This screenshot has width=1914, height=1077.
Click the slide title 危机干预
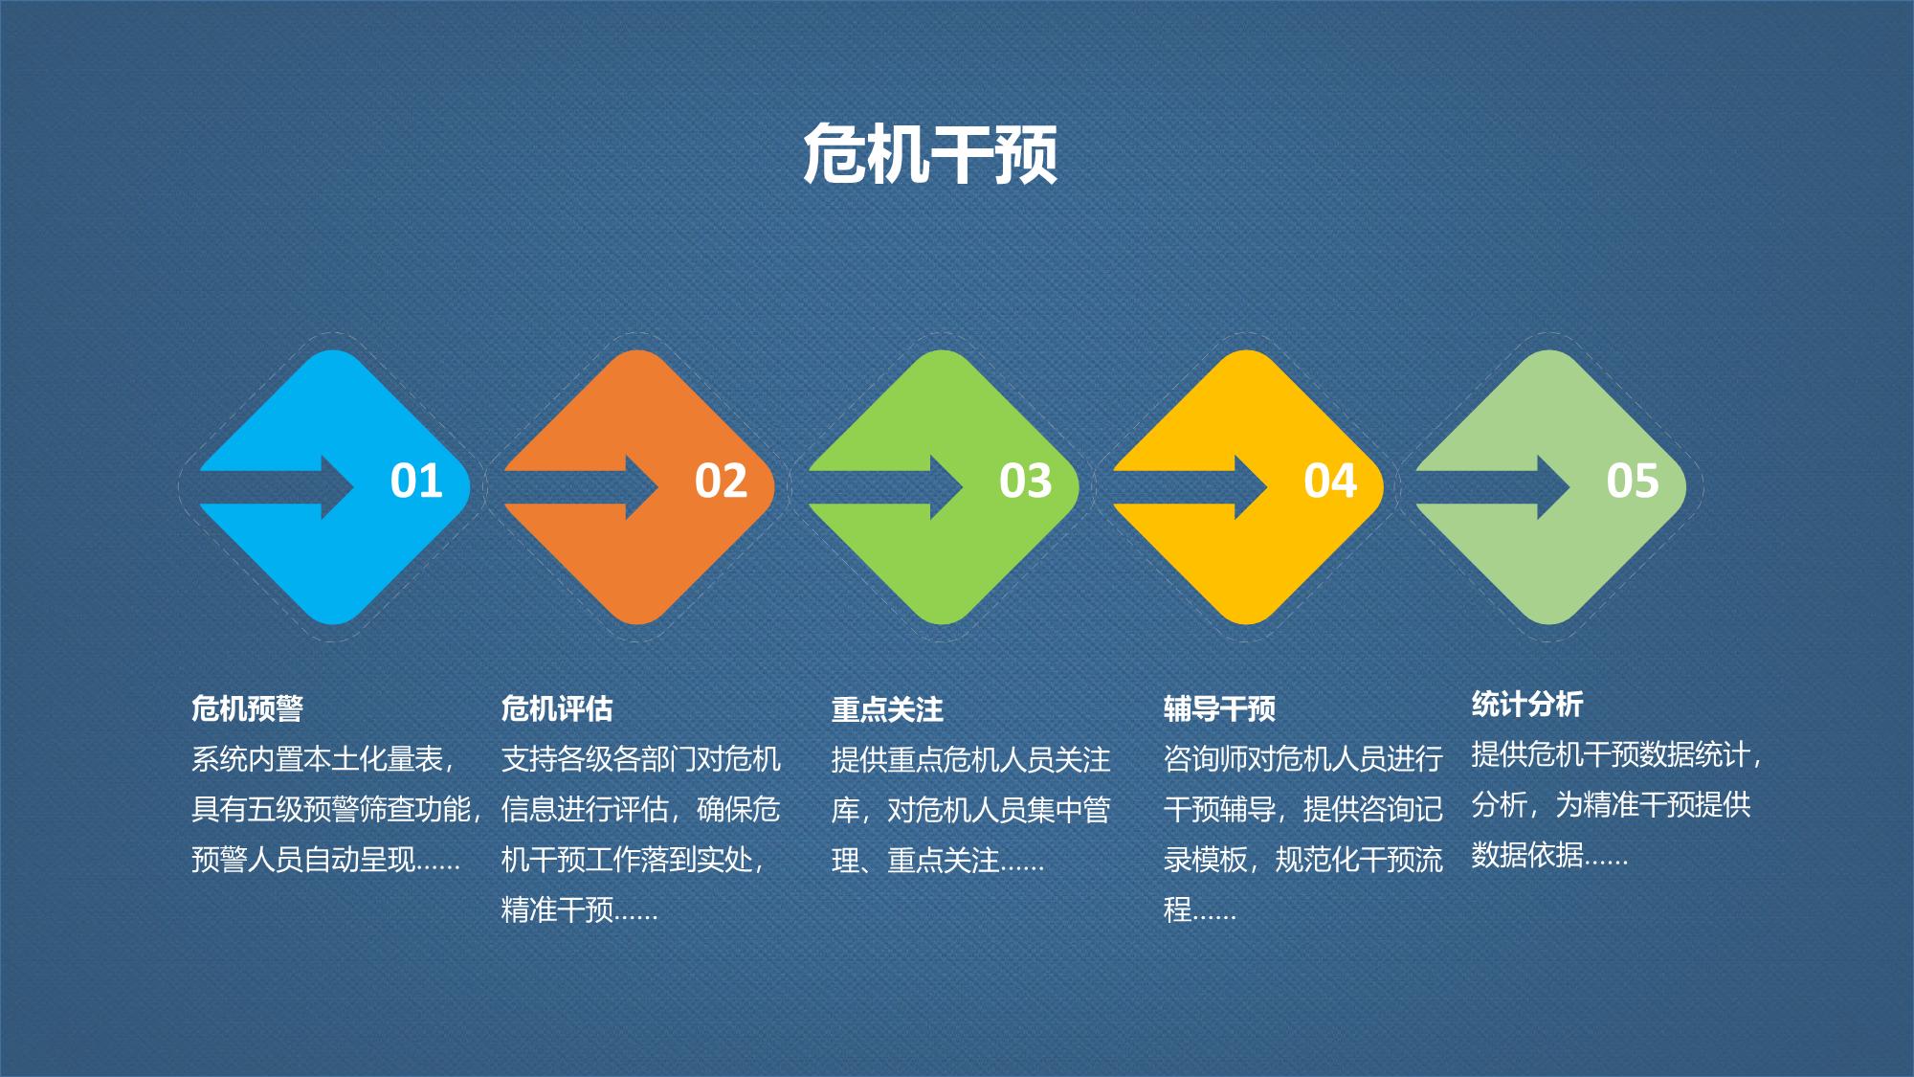930,153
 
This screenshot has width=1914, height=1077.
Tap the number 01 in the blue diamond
416,481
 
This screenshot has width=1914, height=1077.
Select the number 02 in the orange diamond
721,481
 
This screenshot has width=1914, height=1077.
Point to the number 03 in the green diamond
1025,481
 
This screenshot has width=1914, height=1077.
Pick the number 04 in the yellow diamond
1330,481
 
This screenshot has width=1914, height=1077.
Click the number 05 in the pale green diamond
1633,481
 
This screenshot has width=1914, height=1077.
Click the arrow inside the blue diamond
278,487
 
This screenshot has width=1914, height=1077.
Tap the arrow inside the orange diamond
582,487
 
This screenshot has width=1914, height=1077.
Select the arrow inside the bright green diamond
886,487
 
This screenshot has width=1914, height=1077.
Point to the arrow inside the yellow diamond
1191,487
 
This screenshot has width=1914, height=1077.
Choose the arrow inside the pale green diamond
1493,487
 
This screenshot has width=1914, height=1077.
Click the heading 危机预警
247,708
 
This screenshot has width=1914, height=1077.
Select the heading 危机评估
557,708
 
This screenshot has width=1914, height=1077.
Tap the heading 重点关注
887,709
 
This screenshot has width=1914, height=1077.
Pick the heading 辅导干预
1219,708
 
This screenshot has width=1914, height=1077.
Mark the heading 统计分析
1527,705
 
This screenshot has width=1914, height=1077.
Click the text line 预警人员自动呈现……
326,860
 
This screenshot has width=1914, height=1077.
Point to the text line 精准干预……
580,909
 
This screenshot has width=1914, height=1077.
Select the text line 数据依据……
1549,854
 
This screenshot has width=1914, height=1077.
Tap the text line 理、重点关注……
938,861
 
